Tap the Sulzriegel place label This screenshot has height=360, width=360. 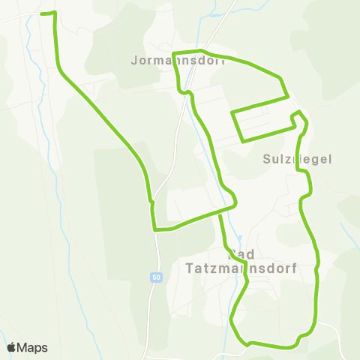coord(298,159)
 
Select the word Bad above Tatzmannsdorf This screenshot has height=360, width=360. coord(241,253)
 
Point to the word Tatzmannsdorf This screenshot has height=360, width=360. coord(241,267)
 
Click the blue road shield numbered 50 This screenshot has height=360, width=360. coord(155,277)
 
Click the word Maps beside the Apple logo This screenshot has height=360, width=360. coord(33,347)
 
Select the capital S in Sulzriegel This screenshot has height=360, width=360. coord(268,159)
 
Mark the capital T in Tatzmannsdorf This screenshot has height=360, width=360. coord(189,267)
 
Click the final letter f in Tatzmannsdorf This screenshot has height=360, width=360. coord(295,267)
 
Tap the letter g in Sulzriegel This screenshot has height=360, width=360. coord(313,160)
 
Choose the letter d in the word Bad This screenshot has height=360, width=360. coord(250,253)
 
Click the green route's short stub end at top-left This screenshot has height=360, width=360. coord(42,13)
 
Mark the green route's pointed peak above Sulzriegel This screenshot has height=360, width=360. coord(299,112)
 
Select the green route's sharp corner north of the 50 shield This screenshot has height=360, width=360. coord(154,229)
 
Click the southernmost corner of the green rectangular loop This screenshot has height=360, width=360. coord(241,141)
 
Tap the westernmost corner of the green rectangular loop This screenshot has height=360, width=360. coord(232,113)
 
